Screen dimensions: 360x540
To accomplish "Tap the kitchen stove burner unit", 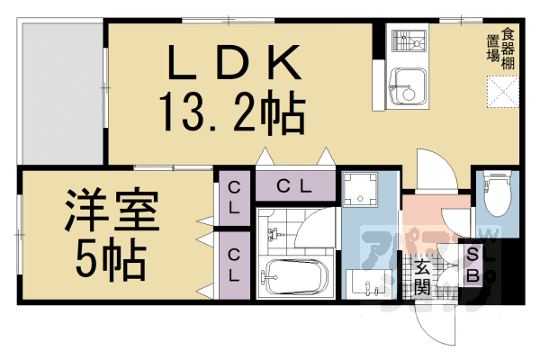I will pyautogui.click(x=407, y=40).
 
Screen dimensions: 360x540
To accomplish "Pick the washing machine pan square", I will pyautogui.click(x=364, y=191).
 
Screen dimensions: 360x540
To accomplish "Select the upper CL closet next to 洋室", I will pyautogui.click(x=233, y=196).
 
